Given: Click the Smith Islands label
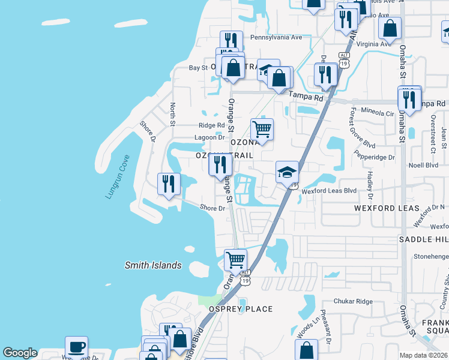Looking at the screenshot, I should coord(152,265).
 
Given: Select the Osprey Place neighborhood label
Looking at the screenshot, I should coord(241,309).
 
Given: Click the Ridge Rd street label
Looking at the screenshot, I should coord(211,126).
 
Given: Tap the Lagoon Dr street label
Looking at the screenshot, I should coord(209,137).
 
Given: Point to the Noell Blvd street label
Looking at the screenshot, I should coord(421,165).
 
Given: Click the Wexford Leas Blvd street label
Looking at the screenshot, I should coord(329,191).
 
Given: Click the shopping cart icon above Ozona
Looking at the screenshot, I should coord(262,128).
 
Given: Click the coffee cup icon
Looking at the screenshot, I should coord(76,347).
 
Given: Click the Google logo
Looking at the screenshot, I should coord(20,353).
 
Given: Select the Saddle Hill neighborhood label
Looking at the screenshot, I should coord(424,239).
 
